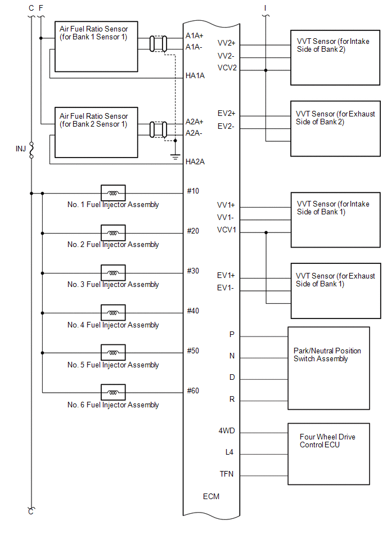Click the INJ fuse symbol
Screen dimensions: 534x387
tap(31, 150)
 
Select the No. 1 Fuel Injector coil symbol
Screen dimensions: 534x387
tap(113, 193)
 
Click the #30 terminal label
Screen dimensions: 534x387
tap(193, 271)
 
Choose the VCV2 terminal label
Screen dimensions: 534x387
tap(227, 68)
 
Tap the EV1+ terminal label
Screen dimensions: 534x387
tap(226, 276)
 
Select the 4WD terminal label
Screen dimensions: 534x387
tap(227, 431)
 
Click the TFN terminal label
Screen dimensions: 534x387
tap(227, 474)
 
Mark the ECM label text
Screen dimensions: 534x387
tap(211, 496)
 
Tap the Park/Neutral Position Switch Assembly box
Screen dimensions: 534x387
tap(328, 368)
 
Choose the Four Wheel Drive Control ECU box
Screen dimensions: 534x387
tap(328, 454)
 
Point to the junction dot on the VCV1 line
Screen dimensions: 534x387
tap(266, 232)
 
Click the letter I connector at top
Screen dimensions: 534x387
tap(265, 8)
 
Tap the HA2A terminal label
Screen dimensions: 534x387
tap(195, 162)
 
